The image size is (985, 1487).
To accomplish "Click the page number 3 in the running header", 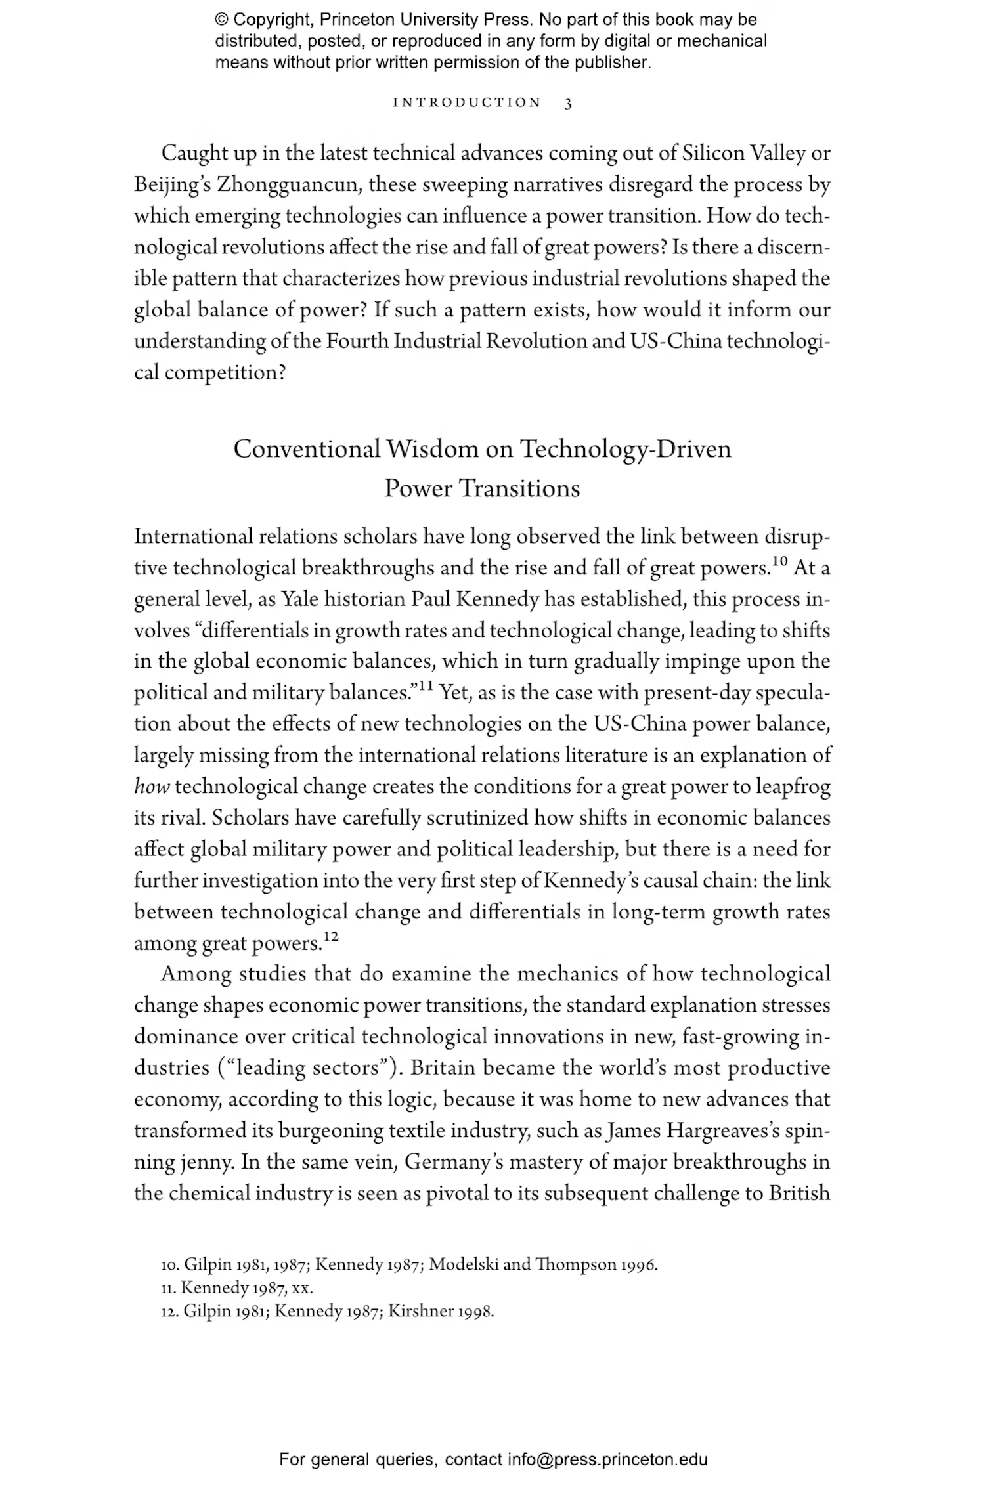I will coord(568,104).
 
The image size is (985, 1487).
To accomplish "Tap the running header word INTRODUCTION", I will coord(467,103).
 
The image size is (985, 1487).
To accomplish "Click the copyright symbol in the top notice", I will coord(221,20).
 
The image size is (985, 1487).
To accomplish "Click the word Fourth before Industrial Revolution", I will coord(357,341).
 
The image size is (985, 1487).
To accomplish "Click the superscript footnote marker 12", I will coord(331,936).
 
